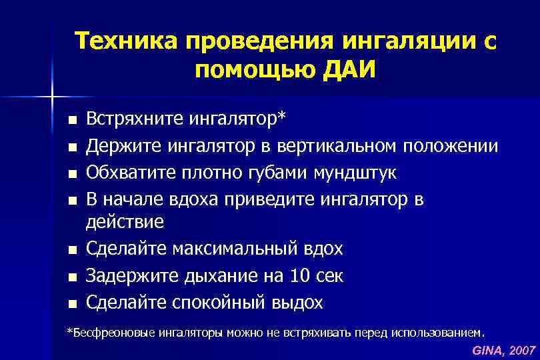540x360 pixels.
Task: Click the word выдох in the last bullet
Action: click(x=297, y=302)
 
